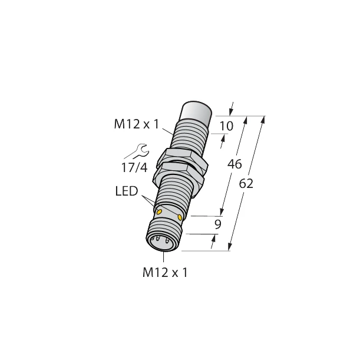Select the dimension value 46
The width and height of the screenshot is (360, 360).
234,165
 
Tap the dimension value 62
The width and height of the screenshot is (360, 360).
246,184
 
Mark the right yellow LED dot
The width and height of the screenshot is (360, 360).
179,218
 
